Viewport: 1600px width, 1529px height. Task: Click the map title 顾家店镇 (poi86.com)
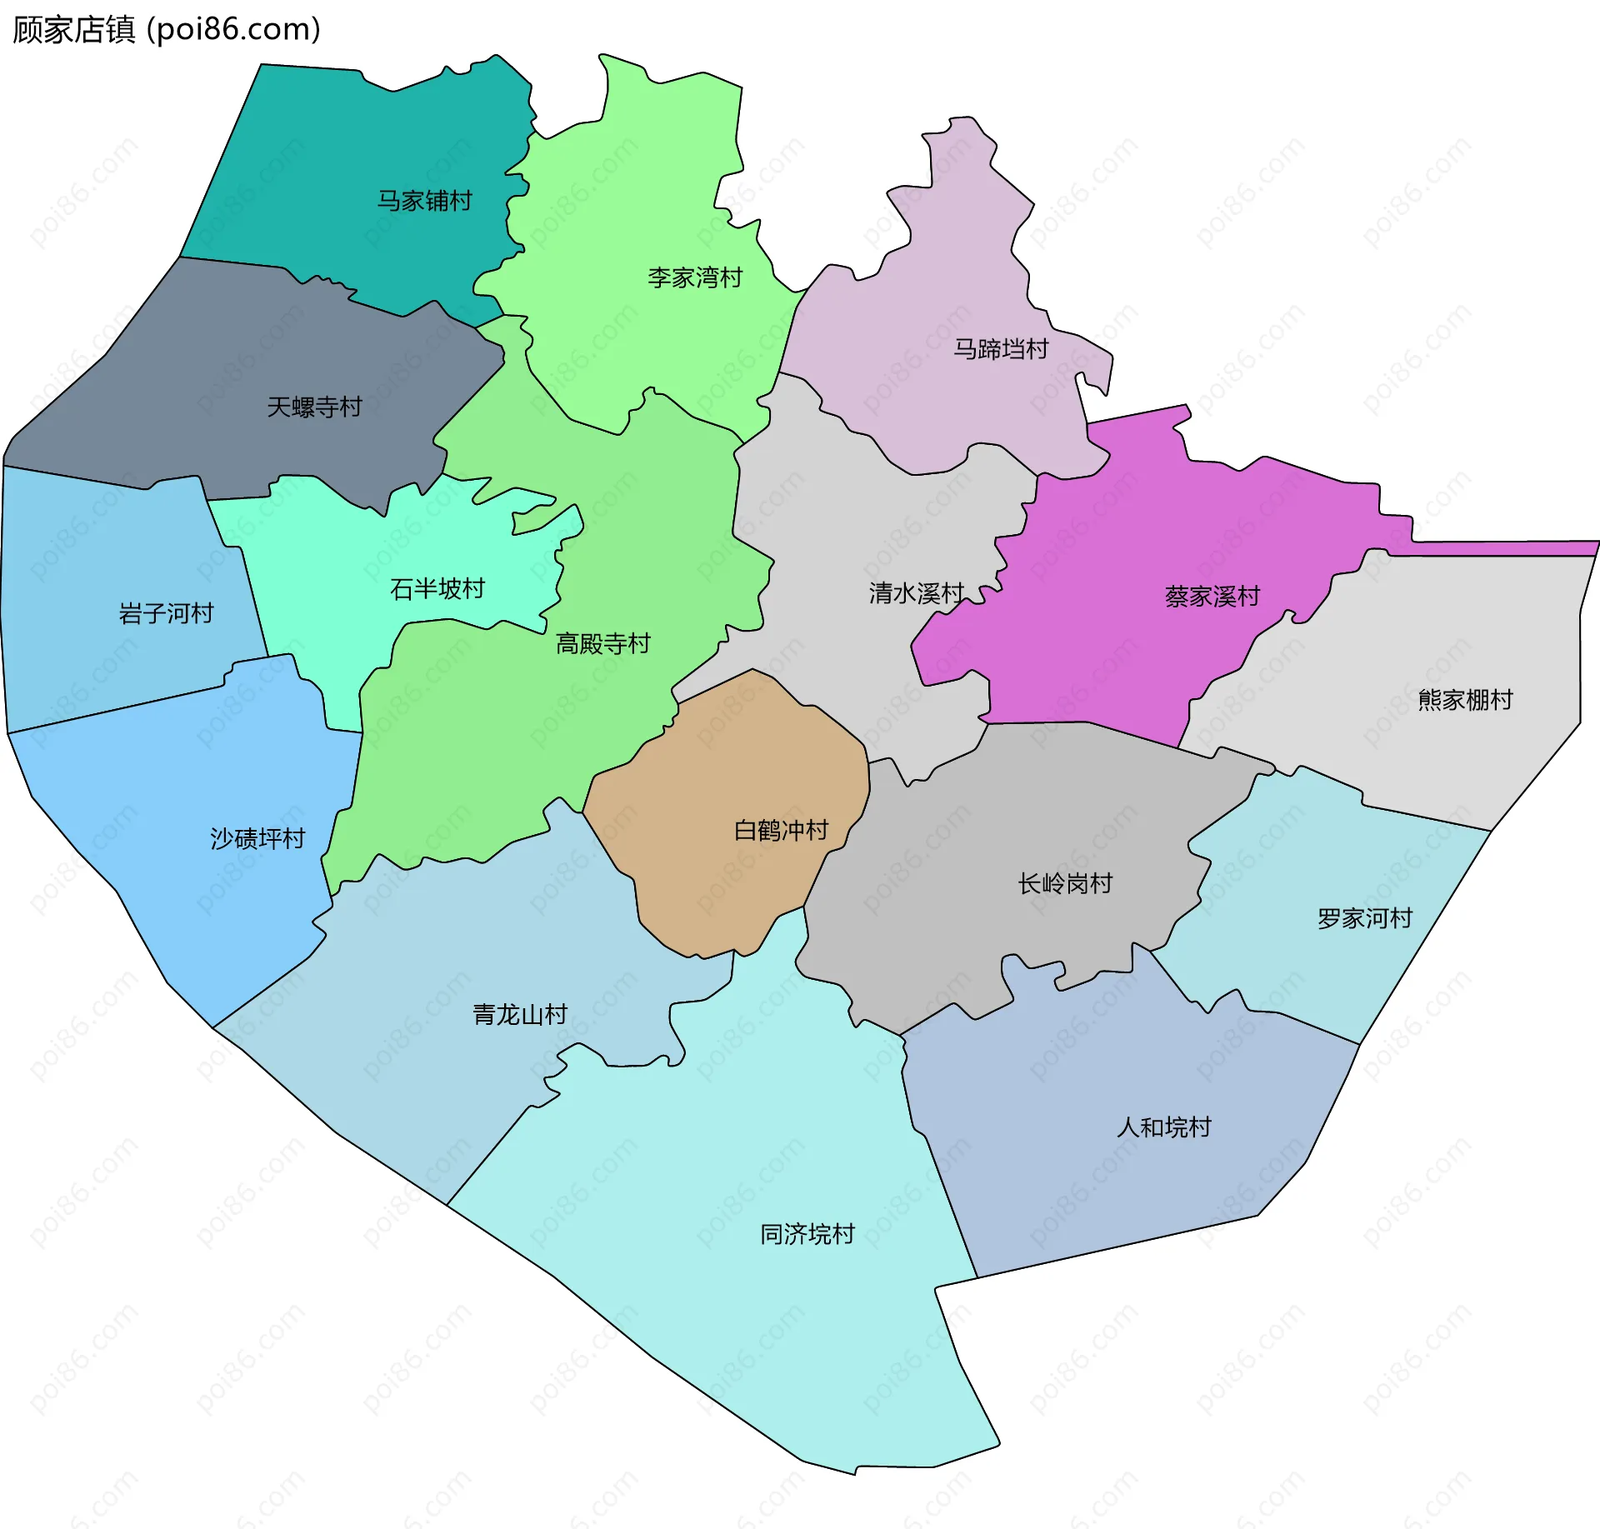pyautogui.click(x=167, y=30)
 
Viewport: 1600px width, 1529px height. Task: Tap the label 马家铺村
pyautogui.click(x=424, y=201)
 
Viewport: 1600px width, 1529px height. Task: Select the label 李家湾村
pyautogui.click(x=695, y=277)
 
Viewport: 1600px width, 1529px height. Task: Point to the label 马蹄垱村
pyautogui.click(x=1000, y=349)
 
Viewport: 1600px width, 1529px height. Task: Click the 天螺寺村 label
pyautogui.click(x=314, y=407)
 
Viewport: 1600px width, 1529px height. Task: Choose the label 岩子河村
pyautogui.click(x=166, y=613)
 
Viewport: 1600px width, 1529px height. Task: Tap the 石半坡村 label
pyautogui.click(x=437, y=589)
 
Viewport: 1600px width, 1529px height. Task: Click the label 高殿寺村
pyautogui.click(x=602, y=643)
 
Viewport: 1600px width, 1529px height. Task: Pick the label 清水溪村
pyautogui.click(x=916, y=593)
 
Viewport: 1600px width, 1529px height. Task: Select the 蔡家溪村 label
pyautogui.click(x=1212, y=597)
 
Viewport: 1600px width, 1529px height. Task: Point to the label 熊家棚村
pyautogui.click(x=1465, y=700)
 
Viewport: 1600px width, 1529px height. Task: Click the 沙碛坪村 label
pyautogui.click(x=257, y=838)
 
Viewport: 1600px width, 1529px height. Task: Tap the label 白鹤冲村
pyautogui.click(x=781, y=830)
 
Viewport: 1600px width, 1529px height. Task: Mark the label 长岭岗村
pyautogui.click(x=1065, y=883)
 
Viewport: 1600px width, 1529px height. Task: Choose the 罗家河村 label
pyautogui.click(x=1364, y=918)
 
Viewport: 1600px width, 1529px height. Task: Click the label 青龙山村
pyautogui.click(x=520, y=1014)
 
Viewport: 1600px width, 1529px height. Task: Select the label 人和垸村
pyautogui.click(x=1163, y=1127)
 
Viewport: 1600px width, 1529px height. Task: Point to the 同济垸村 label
pyautogui.click(x=807, y=1234)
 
